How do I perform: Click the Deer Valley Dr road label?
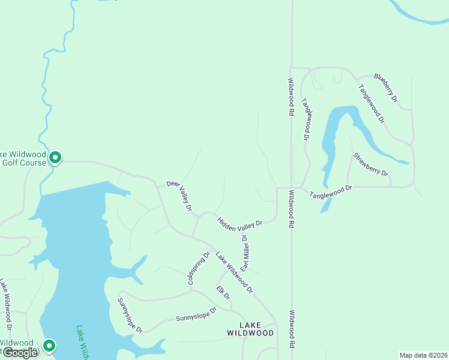pos(179,196)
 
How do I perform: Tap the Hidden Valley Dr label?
pos(240,223)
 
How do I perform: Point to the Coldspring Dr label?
pos(199,268)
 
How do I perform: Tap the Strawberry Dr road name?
pos(371,165)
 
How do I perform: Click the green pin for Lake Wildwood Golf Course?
pos(55,158)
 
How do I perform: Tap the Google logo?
pos(20,352)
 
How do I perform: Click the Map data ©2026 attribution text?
pos(423,355)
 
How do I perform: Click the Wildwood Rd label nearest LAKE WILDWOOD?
pos(292,329)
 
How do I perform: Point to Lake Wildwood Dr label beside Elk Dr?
pos(234,272)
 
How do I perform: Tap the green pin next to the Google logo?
pos(49,346)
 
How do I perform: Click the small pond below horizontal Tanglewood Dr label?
pos(325,206)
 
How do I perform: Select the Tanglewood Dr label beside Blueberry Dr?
pos(371,103)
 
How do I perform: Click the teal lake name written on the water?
pos(83,342)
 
